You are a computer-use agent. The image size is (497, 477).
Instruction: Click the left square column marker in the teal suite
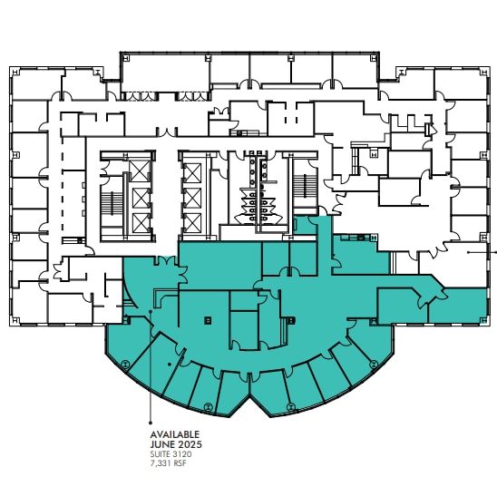(x=208, y=318)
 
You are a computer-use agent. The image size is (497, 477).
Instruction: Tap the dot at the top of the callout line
(x=149, y=311)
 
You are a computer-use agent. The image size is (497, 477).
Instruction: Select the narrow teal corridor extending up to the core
(x=324, y=238)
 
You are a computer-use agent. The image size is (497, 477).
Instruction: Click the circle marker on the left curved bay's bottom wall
(x=208, y=405)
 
